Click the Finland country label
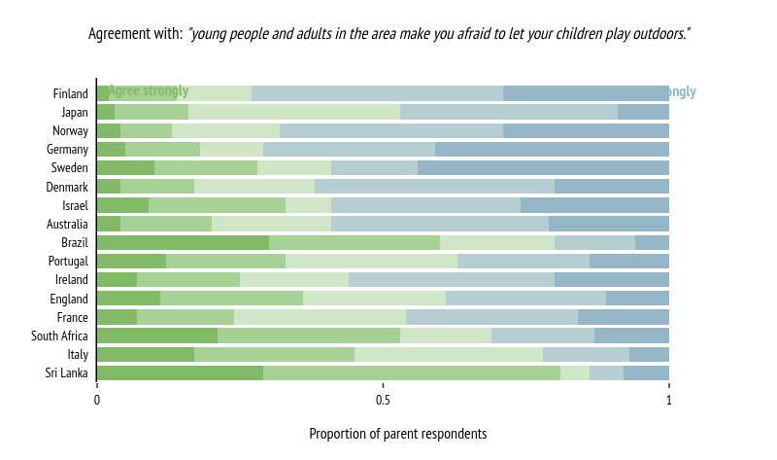click(71, 93)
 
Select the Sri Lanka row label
click(67, 373)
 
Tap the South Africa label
click(60, 336)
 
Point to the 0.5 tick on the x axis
click(383, 400)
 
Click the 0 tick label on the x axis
click(97, 400)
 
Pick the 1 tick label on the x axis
click(668, 400)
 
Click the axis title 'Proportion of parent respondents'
click(397, 434)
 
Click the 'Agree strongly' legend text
click(148, 91)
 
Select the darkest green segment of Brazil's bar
click(183, 242)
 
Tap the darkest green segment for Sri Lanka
click(180, 372)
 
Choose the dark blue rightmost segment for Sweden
click(543, 167)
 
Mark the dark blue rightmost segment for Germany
click(552, 149)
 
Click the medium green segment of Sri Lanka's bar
click(412, 372)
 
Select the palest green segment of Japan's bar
click(294, 112)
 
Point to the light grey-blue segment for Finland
click(377, 93)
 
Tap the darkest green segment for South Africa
click(157, 336)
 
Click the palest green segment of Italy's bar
click(449, 354)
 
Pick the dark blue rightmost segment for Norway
click(586, 130)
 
